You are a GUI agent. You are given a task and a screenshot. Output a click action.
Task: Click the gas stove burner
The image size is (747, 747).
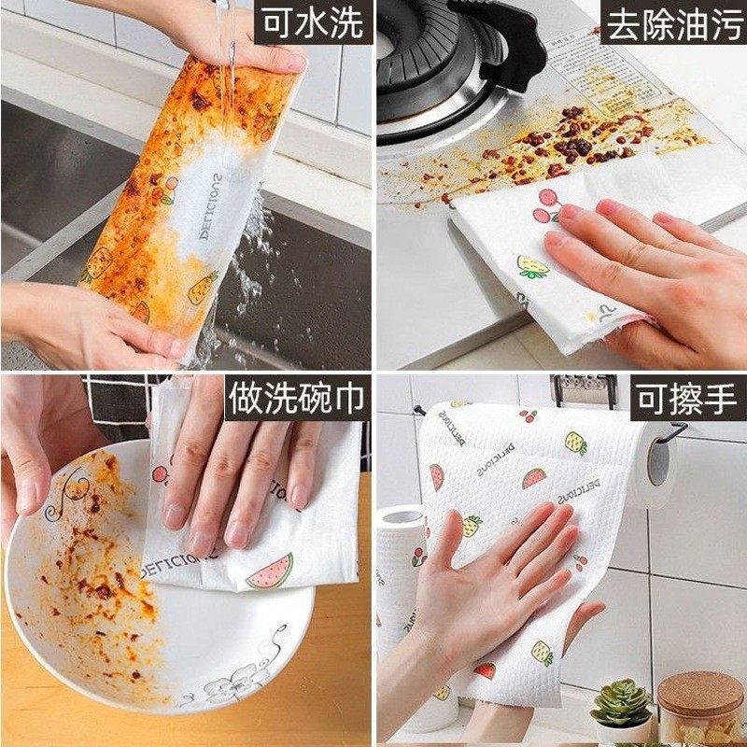[x=439, y=56]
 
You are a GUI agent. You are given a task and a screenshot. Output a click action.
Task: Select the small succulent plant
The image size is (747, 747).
[x=621, y=702]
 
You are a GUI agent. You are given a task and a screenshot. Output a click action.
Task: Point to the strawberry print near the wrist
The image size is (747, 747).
[x=485, y=670]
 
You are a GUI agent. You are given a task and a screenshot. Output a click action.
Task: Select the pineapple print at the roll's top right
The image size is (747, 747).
[x=575, y=443]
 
